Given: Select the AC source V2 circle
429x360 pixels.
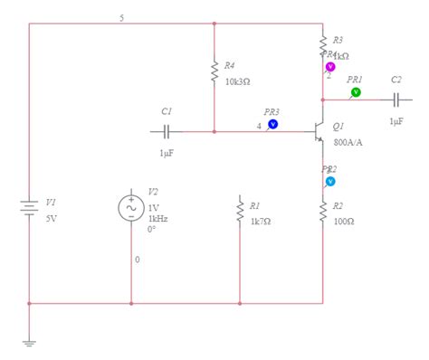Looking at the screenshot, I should (x=131, y=208).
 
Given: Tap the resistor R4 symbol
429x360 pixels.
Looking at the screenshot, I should (x=214, y=71).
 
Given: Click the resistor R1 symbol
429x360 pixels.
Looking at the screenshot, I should (x=240, y=210).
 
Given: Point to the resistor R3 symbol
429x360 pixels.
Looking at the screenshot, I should (x=323, y=43).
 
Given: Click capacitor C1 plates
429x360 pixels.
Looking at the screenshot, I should (x=167, y=131).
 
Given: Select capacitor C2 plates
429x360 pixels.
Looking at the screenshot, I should (x=396, y=99).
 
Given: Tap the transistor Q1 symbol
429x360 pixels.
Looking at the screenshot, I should (x=318, y=132).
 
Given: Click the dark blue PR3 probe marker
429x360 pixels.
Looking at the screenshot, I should (x=272, y=124).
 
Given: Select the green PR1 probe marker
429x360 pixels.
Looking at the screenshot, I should (x=356, y=92).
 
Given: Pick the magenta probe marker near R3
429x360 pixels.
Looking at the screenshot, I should (x=330, y=67).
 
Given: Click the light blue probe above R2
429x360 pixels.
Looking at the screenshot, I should (x=330, y=182).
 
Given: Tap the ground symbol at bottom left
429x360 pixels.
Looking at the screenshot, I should (x=29, y=342).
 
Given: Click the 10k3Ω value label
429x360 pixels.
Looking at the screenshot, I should (x=237, y=81).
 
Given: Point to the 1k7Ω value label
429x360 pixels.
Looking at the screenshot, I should (x=261, y=221).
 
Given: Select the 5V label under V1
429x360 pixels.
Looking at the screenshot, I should (x=52, y=218).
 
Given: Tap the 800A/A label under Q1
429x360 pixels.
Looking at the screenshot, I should (x=349, y=142).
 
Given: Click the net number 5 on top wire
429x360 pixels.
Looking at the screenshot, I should (x=122, y=18).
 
